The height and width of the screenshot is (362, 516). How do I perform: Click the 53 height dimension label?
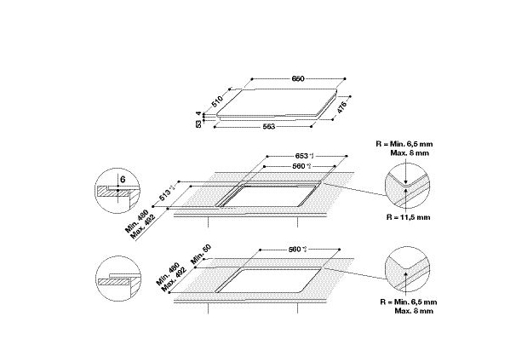198,124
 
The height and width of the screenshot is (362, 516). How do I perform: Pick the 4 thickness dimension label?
198,114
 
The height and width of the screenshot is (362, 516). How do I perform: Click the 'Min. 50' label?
200,257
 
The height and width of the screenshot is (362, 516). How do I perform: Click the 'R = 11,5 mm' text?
408,217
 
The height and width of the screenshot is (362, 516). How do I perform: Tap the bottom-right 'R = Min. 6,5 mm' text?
406,302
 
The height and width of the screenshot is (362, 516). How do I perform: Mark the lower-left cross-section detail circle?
113,276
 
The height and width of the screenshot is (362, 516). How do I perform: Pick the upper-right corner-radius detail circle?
406,186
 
